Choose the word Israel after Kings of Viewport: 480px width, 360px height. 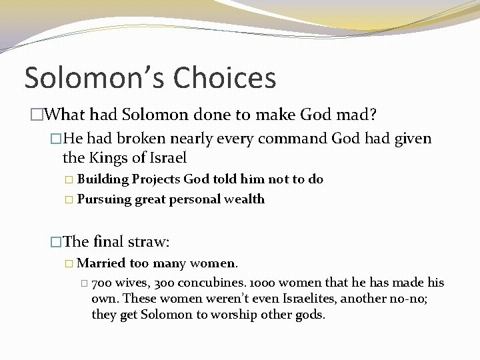click(167, 158)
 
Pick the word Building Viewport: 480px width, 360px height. click(103, 180)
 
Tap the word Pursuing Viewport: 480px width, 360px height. click(105, 199)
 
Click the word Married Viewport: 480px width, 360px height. click(100, 263)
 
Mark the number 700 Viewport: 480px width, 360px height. click(103, 283)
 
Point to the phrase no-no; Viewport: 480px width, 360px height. click(408, 299)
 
